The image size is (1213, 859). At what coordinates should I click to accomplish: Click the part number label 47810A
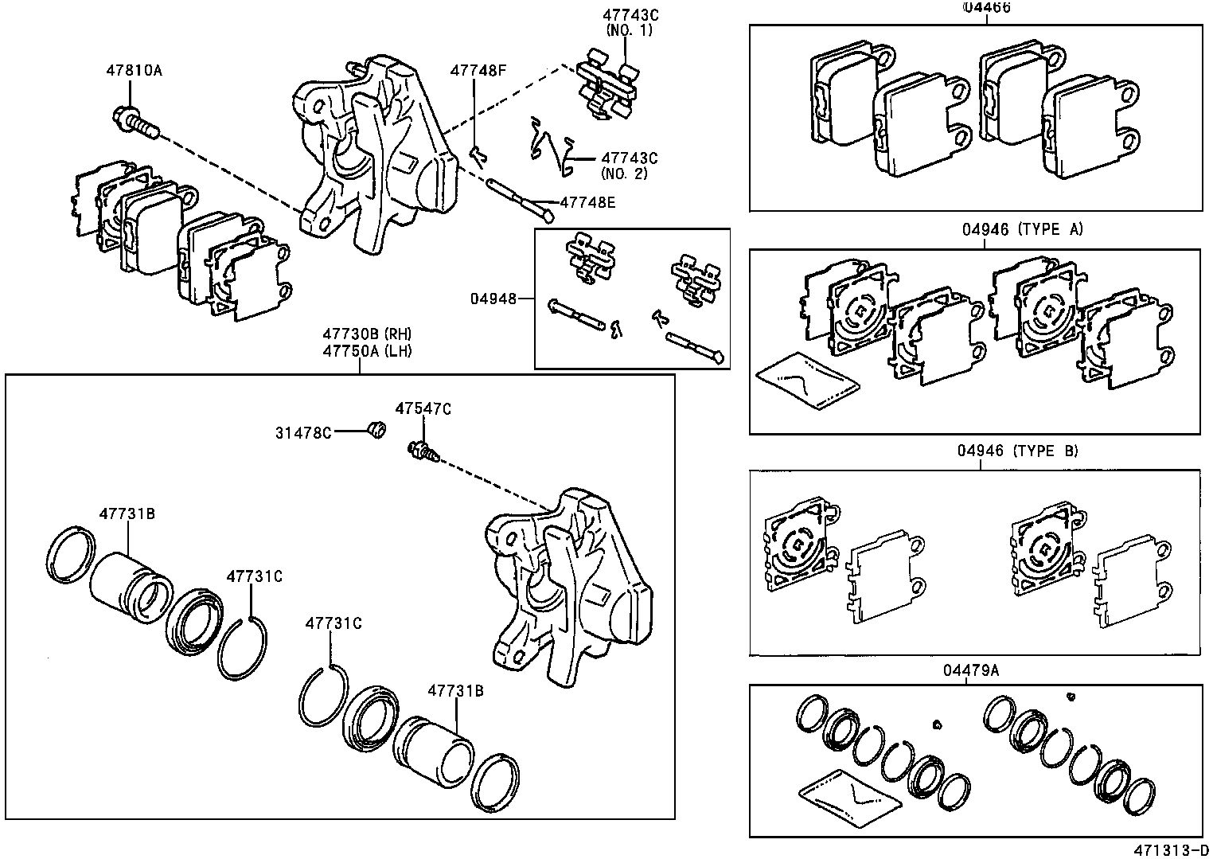(x=134, y=70)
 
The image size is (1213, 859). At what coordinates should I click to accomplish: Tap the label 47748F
(x=478, y=70)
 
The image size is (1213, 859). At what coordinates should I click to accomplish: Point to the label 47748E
(x=587, y=202)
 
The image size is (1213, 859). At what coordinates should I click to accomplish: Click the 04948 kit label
(x=493, y=299)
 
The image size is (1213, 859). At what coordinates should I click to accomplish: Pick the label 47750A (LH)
(x=367, y=350)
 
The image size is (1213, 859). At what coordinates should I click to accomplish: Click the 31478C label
(x=303, y=432)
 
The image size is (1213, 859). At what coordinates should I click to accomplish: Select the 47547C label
(x=423, y=408)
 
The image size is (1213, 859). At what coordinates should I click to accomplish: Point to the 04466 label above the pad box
(x=986, y=7)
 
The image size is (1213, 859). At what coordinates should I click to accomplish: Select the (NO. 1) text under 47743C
(x=628, y=29)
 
